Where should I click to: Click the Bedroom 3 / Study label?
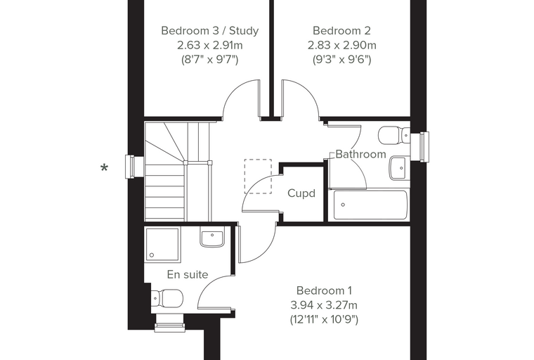pyautogui.click(x=210, y=31)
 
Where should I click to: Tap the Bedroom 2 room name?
pyautogui.click(x=341, y=31)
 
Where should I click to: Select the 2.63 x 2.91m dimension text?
pyautogui.click(x=210, y=45)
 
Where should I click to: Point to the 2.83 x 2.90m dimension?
pyautogui.click(x=342, y=45)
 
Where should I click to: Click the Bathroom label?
pyautogui.click(x=360, y=154)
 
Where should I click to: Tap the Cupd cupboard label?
pyautogui.click(x=301, y=193)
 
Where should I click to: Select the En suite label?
pyautogui.click(x=188, y=274)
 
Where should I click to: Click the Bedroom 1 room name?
pyautogui.click(x=324, y=290)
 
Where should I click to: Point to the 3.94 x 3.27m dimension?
pyautogui.click(x=324, y=304)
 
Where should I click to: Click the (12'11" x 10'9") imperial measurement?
pyautogui.click(x=324, y=319)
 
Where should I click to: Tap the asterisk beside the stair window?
pyautogui.click(x=104, y=168)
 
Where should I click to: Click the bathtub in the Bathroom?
pyautogui.click(x=370, y=205)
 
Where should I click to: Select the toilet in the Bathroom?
pyautogui.click(x=394, y=135)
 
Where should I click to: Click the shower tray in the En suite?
pyautogui.click(x=162, y=245)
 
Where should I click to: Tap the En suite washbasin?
pyautogui.click(x=212, y=236)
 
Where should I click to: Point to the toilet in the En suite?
pyautogui.click(x=167, y=298)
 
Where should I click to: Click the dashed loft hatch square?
pyautogui.click(x=258, y=176)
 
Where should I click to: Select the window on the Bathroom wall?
pyautogui.click(x=419, y=147)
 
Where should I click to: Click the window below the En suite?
pyautogui.click(x=169, y=323)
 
